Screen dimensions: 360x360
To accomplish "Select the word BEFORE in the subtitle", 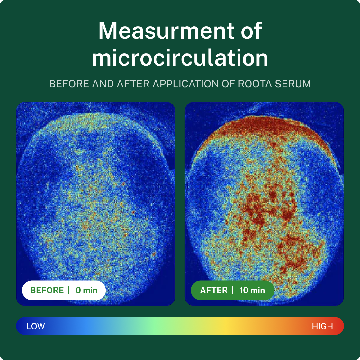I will coord(69,84).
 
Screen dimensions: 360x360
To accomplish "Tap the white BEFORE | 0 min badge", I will coord(64,290).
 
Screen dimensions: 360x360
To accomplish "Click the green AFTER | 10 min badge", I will coord(232,290).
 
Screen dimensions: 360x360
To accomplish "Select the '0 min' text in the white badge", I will coord(86,290).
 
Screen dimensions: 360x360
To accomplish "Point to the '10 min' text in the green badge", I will coord(252,290).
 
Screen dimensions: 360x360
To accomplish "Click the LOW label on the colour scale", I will coord(36,326).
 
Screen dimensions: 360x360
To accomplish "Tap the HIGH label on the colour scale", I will coord(322,326).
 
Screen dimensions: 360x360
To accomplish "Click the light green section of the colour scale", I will coord(154,326).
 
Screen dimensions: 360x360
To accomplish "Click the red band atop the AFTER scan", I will coord(264,127).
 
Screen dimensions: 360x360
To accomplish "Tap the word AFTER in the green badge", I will coord(214,290).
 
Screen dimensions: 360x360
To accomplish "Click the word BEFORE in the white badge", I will coord(47,290).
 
